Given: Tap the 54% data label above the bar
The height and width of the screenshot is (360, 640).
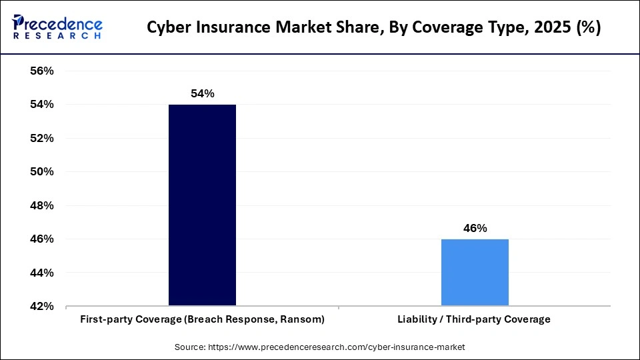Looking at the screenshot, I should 202,94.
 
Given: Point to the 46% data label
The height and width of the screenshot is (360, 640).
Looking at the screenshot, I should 475,228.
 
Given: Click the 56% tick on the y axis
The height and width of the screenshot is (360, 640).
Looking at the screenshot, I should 41,71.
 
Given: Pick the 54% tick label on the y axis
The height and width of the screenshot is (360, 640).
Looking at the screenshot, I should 41,105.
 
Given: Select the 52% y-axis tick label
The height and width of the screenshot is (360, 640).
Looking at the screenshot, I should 41,139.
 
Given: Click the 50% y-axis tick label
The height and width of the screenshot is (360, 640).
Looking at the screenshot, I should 41,172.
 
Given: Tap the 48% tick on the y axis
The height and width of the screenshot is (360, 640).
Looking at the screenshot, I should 41,206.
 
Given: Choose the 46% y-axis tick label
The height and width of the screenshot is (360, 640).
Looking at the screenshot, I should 41,239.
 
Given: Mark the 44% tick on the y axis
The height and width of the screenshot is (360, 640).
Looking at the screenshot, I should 41,273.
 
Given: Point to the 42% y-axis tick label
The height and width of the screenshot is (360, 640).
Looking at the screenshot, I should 41,307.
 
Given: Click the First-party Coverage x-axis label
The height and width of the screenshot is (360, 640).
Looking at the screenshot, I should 202,319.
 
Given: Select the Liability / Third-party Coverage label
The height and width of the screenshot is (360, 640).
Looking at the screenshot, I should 475,319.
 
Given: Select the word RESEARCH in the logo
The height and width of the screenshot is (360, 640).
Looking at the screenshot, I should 57,35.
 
